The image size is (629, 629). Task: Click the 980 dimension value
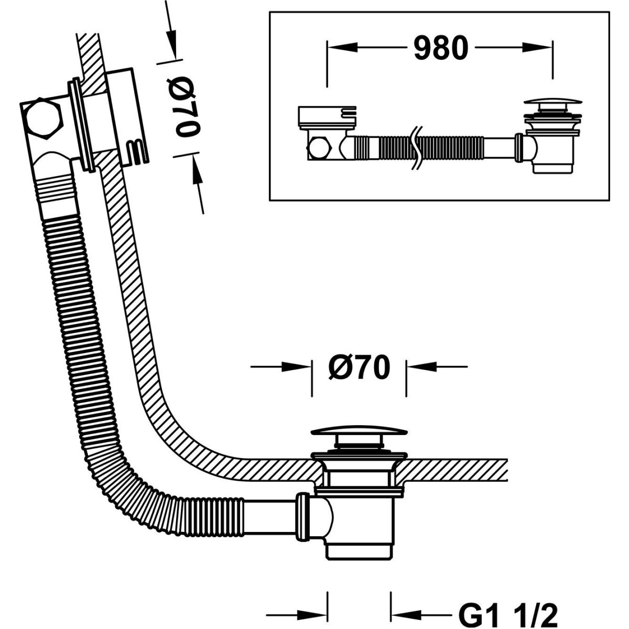(440, 49)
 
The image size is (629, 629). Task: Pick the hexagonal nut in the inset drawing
(319, 148)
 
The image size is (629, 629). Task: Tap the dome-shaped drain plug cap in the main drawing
(359, 432)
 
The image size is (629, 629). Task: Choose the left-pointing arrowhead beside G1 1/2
(402, 613)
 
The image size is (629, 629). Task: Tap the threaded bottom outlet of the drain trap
(359, 550)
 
